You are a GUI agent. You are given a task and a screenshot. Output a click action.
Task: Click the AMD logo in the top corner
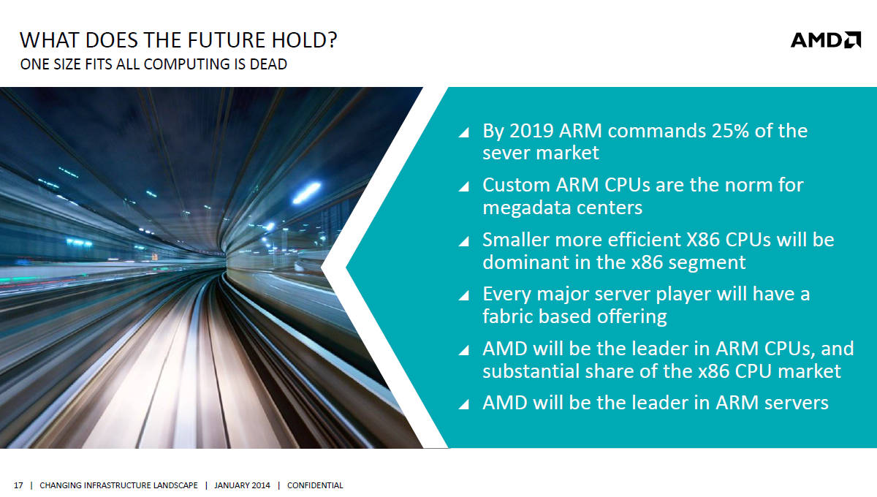(826, 40)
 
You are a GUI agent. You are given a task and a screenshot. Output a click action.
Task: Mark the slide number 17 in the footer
(18, 485)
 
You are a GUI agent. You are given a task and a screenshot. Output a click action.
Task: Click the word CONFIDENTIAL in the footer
(315, 485)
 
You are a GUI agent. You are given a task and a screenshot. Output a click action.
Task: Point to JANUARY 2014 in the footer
(242, 485)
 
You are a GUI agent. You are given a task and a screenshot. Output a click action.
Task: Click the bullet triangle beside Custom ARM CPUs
(465, 186)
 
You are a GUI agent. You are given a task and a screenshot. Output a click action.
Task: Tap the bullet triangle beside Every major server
(465, 295)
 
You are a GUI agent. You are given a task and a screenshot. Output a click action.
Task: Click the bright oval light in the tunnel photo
(306, 193)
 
